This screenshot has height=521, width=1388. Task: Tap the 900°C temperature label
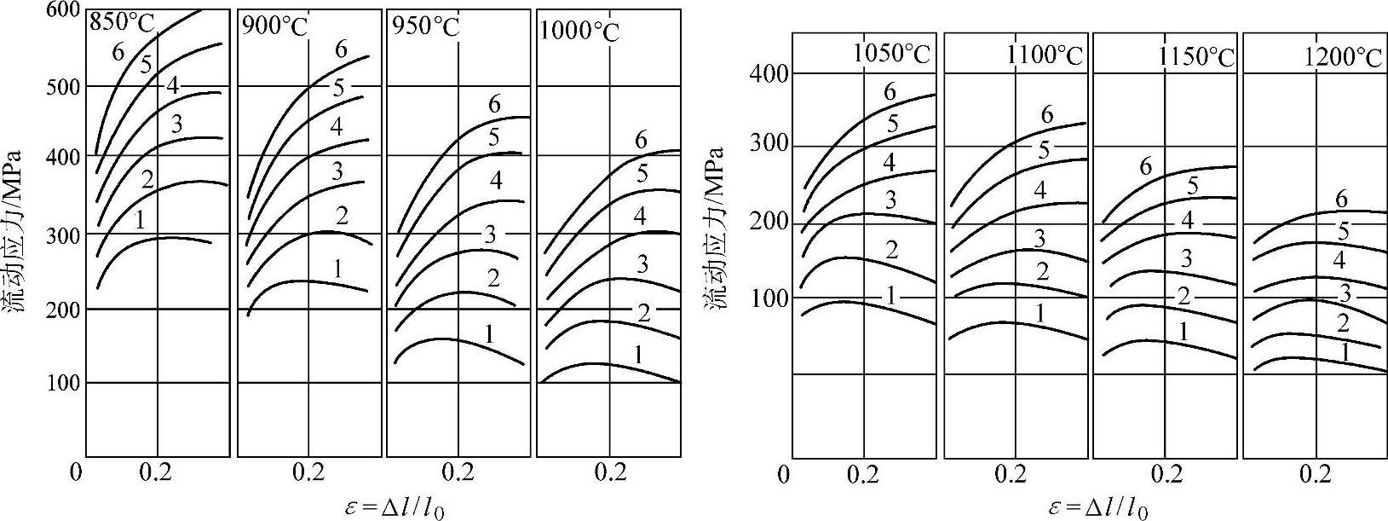tap(274, 26)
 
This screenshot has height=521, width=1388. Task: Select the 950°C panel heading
tap(425, 26)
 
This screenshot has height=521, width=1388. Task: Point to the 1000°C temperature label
tap(579, 32)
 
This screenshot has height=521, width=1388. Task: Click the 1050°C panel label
tap(892, 55)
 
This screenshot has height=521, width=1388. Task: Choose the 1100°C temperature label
tap(1044, 56)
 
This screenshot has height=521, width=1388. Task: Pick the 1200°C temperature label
tap(1343, 56)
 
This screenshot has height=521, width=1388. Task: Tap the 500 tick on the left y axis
tap(63, 87)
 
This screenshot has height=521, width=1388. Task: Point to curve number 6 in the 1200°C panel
tap(1341, 200)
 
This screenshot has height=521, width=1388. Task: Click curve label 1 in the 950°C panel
tap(489, 333)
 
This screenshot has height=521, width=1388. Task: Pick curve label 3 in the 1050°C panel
tap(890, 200)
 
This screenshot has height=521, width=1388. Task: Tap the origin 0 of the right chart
tap(783, 473)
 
